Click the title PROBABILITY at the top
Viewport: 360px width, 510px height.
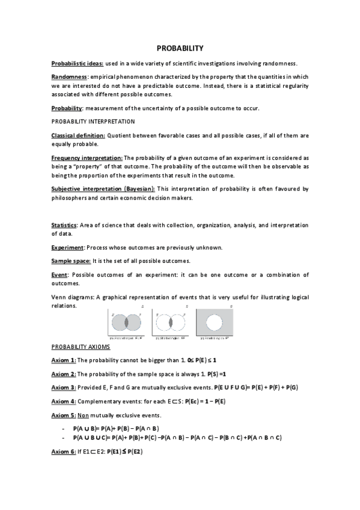coord(180,48)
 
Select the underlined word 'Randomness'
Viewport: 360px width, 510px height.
coord(69,78)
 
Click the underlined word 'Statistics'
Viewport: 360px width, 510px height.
coord(66,226)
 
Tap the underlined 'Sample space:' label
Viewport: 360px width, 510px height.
coord(71,261)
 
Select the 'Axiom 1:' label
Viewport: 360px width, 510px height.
coord(64,360)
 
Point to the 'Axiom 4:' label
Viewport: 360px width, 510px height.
coord(64,401)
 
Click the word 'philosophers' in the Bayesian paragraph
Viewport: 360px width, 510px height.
coord(71,198)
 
